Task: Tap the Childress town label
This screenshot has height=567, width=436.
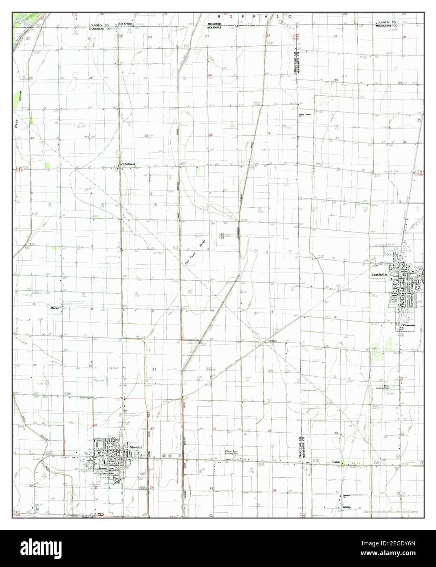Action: pyautogui.click(x=130, y=164)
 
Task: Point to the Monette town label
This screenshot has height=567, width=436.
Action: pyautogui.click(x=136, y=447)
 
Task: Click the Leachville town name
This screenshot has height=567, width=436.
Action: pyautogui.click(x=379, y=275)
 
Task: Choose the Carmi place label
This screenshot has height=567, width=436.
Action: pyautogui.click(x=336, y=462)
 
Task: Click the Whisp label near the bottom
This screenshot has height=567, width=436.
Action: pyautogui.click(x=346, y=507)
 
